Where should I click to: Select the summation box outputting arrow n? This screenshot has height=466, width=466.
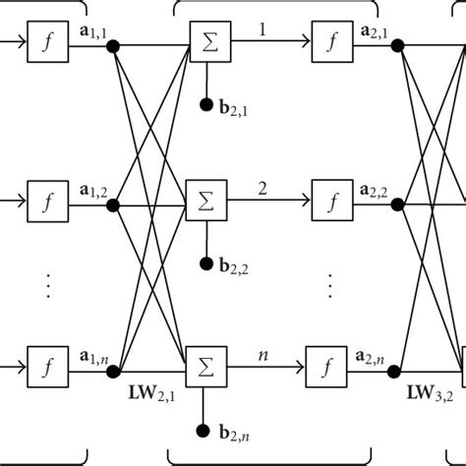point(207,364)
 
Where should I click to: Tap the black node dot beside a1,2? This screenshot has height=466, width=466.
point(114,204)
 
